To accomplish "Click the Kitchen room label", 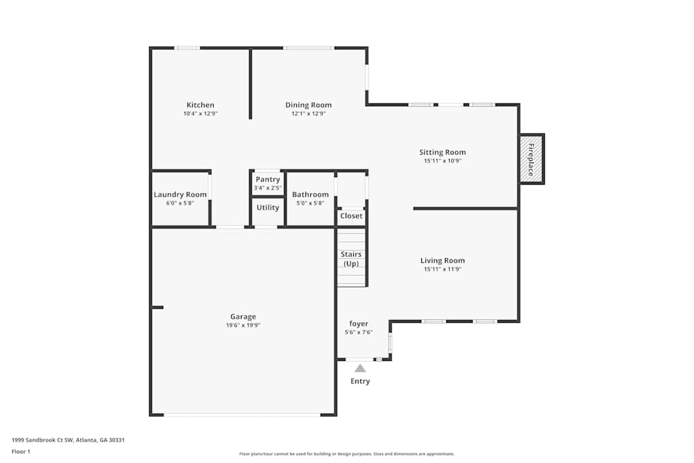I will coord(200,106).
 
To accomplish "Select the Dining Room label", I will coord(308,106).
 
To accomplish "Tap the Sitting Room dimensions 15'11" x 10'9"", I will coord(442,160).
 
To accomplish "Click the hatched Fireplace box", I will coord(532,158).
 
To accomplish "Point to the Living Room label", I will coord(442,261).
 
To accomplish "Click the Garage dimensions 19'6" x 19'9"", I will coord(243,325).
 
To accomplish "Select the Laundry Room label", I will coord(180,194).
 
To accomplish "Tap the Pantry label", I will coord(267,180).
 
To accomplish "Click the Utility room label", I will coord(268,208).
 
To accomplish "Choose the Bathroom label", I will coord(310,194).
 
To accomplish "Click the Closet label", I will coord(351,216).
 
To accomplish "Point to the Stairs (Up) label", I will coord(351,259).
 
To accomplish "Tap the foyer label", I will coord(359,323).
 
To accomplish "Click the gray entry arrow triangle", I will coord(360,368).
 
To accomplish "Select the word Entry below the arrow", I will coord(360,381).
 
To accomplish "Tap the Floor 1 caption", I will coord(21,451).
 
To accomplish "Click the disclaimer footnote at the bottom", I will coord(347,454).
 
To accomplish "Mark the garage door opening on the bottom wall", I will coord(242,415).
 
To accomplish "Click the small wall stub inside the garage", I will coord(158,307).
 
